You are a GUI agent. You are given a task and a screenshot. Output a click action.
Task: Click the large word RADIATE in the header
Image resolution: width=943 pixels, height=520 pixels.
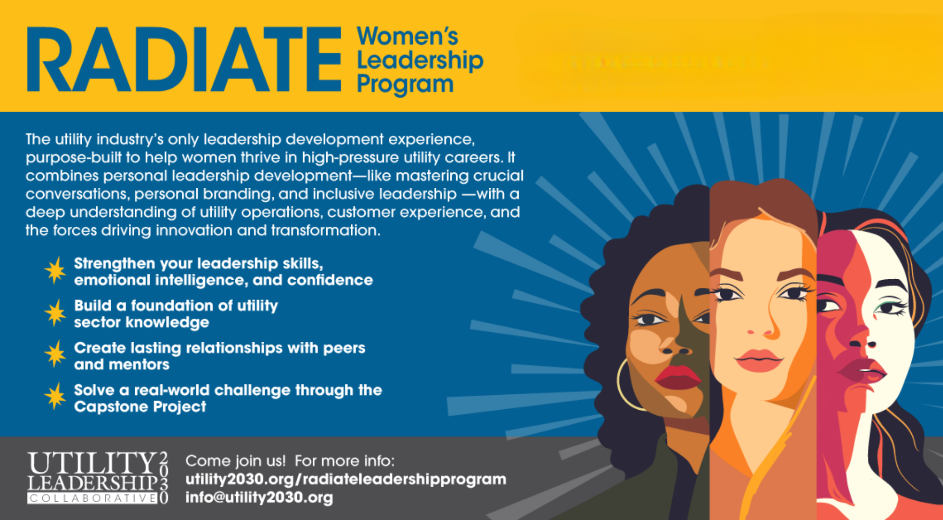(x=184, y=59)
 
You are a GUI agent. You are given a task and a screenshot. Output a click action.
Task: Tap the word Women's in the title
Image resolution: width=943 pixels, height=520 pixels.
(x=408, y=36)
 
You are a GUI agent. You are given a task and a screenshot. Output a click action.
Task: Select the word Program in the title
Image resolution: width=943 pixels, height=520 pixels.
(x=405, y=84)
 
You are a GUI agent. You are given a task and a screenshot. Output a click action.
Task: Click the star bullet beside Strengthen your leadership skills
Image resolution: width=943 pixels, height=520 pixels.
(x=55, y=270)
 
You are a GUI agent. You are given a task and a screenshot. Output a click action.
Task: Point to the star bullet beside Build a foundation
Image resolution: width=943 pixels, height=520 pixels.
(x=55, y=312)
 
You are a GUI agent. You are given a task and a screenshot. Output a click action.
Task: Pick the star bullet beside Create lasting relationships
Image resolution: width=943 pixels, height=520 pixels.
(x=55, y=354)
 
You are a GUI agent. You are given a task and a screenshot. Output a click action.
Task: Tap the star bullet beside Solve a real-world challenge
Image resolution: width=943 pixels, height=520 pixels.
(x=55, y=397)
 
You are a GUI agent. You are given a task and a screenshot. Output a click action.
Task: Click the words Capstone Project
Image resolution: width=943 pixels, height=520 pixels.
(x=140, y=407)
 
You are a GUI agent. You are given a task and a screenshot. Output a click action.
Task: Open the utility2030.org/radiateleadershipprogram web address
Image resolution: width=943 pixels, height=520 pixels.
(x=346, y=480)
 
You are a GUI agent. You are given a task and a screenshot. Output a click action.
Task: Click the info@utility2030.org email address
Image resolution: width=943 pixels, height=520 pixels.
(x=259, y=497)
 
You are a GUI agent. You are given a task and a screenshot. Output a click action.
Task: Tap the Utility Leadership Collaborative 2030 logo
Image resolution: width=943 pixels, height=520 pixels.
(x=98, y=477)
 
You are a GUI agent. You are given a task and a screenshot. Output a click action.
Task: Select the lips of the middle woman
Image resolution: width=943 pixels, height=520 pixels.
(x=759, y=361)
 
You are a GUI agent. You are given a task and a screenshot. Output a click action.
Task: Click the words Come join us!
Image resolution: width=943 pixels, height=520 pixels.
(x=235, y=461)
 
